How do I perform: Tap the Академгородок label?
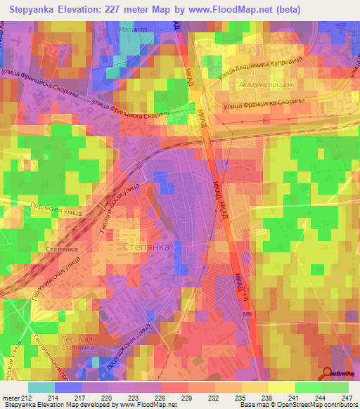coord(262,84)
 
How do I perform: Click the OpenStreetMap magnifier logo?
coord(326,375)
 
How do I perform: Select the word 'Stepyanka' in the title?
coord(34,10)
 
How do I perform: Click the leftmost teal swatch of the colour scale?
coord(41,387)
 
